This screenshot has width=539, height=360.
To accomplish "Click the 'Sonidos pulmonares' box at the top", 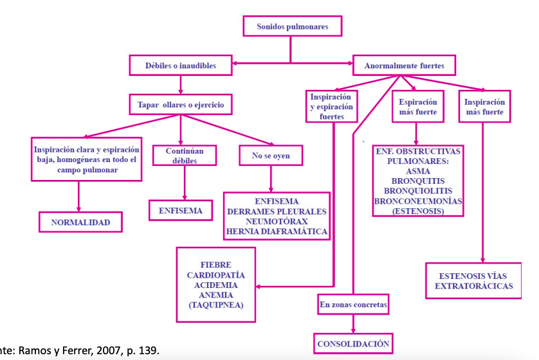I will [x=292, y=27].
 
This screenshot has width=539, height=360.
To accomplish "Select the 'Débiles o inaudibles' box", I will [x=181, y=65].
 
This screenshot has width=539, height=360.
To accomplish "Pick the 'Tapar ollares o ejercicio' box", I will [x=181, y=104].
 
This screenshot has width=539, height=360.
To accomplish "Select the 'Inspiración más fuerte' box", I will [x=484, y=107].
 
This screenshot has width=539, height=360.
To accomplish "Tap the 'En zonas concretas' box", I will [x=353, y=304].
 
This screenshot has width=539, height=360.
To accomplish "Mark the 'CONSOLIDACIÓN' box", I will [x=353, y=344].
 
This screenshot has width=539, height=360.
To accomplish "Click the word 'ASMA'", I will [x=418, y=172].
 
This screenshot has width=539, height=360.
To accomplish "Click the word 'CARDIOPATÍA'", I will [x=216, y=274].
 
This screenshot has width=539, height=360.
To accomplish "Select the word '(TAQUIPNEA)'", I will [x=216, y=305].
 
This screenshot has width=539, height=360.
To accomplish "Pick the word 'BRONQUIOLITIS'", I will [x=418, y=191].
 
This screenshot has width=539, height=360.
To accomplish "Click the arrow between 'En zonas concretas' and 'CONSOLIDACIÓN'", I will [x=353, y=323].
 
